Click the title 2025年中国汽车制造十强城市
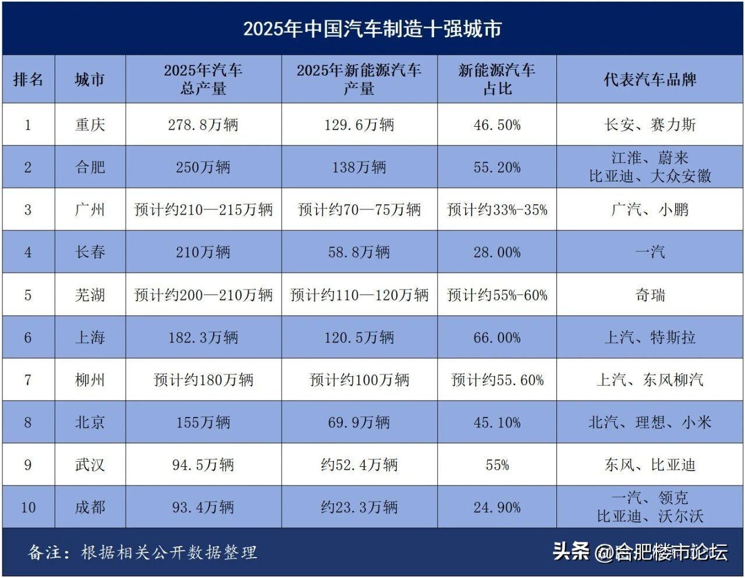coord(372,29)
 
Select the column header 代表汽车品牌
coord(650,80)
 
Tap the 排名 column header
coord(28,80)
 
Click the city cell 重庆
coord(90,124)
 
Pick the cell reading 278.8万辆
coord(203,124)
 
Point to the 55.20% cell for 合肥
coord(497,167)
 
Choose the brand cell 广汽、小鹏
coord(650,209)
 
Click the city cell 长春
coord(90,252)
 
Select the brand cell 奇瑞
coord(650,295)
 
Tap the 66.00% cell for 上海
coord(497,337)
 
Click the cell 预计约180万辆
coord(203,380)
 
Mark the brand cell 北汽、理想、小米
coord(650,423)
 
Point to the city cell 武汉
coord(90,465)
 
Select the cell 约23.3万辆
coord(359,508)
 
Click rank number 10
coord(28,508)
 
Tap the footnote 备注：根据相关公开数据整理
coord(143,552)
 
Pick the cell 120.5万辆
coord(359,337)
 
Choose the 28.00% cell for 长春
coord(497,252)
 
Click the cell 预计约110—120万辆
coord(359,295)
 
